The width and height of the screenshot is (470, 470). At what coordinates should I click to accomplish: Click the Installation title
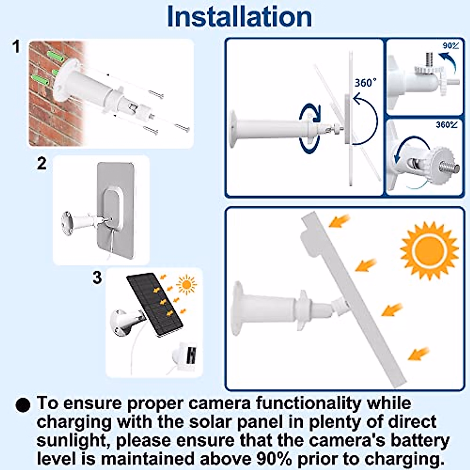[239, 16]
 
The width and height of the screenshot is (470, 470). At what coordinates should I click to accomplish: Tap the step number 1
[16, 47]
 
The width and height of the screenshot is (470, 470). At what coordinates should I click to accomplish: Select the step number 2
[42, 163]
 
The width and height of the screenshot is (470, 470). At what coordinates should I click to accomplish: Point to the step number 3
[97, 278]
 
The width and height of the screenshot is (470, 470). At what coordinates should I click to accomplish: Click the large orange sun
[429, 251]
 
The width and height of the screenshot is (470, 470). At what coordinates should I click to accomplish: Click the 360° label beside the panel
[365, 83]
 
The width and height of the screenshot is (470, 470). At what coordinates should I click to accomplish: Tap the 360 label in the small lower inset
[446, 125]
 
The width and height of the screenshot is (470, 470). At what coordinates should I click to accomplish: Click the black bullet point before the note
[23, 405]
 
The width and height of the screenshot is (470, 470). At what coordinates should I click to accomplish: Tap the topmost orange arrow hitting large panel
[339, 221]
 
